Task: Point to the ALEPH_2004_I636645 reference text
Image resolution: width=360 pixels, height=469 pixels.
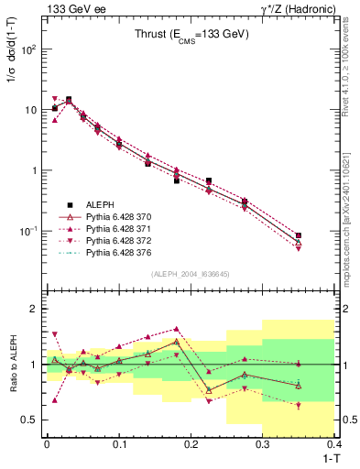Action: (x=191, y=274)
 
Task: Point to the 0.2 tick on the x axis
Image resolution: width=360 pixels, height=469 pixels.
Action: (x=191, y=442)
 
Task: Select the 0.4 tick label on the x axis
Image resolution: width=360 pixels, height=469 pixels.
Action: (x=334, y=442)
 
